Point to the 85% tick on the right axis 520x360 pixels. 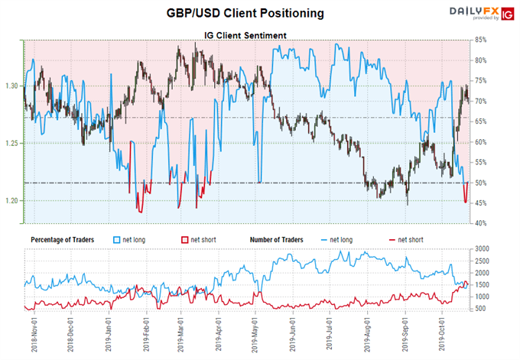[x=483, y=41]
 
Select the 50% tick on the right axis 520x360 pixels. [x=483, y=183]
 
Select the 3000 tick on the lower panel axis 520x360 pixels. [x=486, y=250]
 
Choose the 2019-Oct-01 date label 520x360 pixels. [x=439, y=333]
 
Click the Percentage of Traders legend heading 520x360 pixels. [x=62, y=239]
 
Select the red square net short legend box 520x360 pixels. [x=184, y=239]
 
